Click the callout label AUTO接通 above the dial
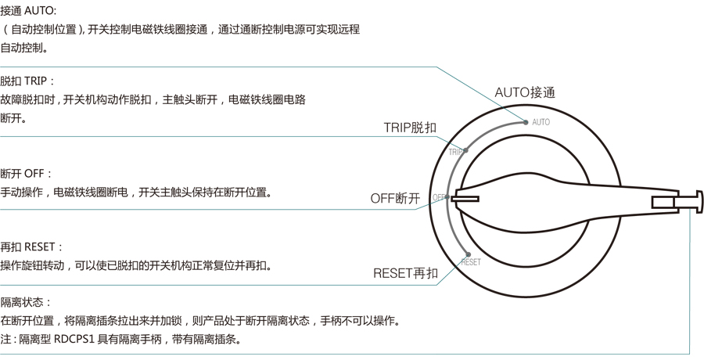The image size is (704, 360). (x=525, y=92)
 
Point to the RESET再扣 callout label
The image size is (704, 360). (x=405, y=273)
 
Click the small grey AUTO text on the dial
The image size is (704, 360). (x=541, y=122)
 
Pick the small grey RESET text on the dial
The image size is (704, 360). (x=471, y=262)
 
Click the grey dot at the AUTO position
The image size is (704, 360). (x=526, y=122)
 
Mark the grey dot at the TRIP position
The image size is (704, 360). (x=466, y=150)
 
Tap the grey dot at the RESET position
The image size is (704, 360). (x=467, y=254)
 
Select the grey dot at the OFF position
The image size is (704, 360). (x=447, y=197)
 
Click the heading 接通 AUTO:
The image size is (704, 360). (x=28, y=11)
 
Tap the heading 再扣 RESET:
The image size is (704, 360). (x=31, y=247)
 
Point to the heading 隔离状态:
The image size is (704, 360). (x=26, y=302)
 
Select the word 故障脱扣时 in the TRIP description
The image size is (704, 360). (x=27, y=100)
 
